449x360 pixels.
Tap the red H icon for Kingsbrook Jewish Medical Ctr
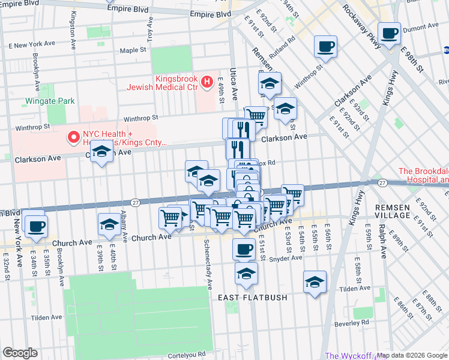pyautogui.click(x=207, y=82)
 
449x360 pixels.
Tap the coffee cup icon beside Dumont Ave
pyautogui.click(x=389, y=34)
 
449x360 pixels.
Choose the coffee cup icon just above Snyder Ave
pyautogui.click(x=243, y=248)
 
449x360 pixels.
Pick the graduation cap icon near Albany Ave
pyautogui.click(x=108, y=225)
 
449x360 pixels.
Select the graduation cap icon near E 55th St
pyautogui.click(x=315, y=281)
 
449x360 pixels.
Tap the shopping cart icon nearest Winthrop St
pyautogui.click(x=256, y=116)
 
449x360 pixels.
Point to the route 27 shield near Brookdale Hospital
pyautogui.click(x=382, y=182)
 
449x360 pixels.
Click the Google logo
pyautogui.click(x=20, y=353)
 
